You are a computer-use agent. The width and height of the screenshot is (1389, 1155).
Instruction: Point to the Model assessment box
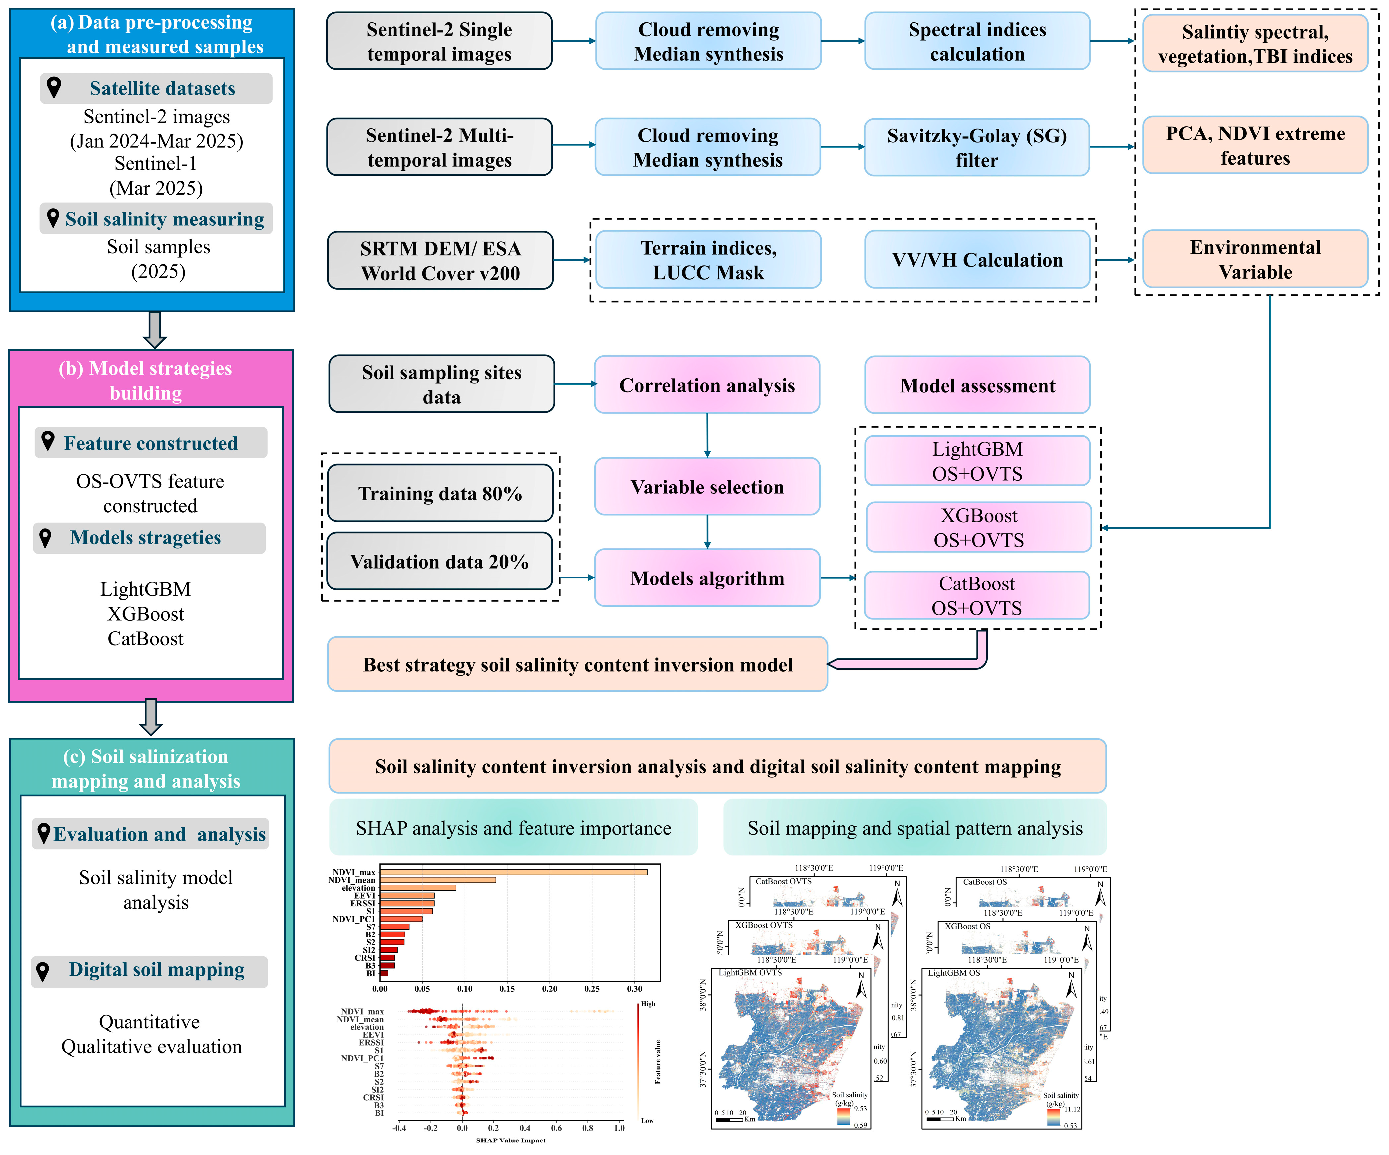pyautogui.click(x=977, y=385)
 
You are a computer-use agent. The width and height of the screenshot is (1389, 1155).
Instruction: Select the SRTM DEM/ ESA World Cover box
pyautogui.click(x=440, y=260)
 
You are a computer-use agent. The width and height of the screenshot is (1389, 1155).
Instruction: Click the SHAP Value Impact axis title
pyautogui.click(x=511, y=1140)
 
